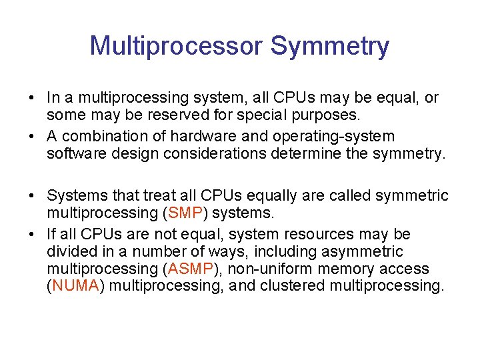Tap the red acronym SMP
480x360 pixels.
[185, 213]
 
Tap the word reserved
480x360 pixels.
[162, 115]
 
